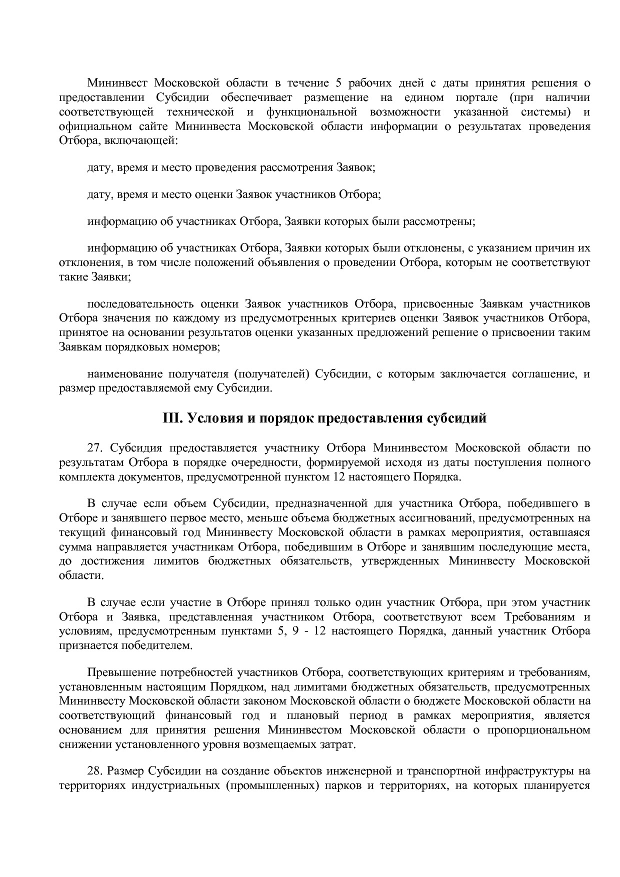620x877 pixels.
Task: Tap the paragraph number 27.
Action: (x=94, y=447)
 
